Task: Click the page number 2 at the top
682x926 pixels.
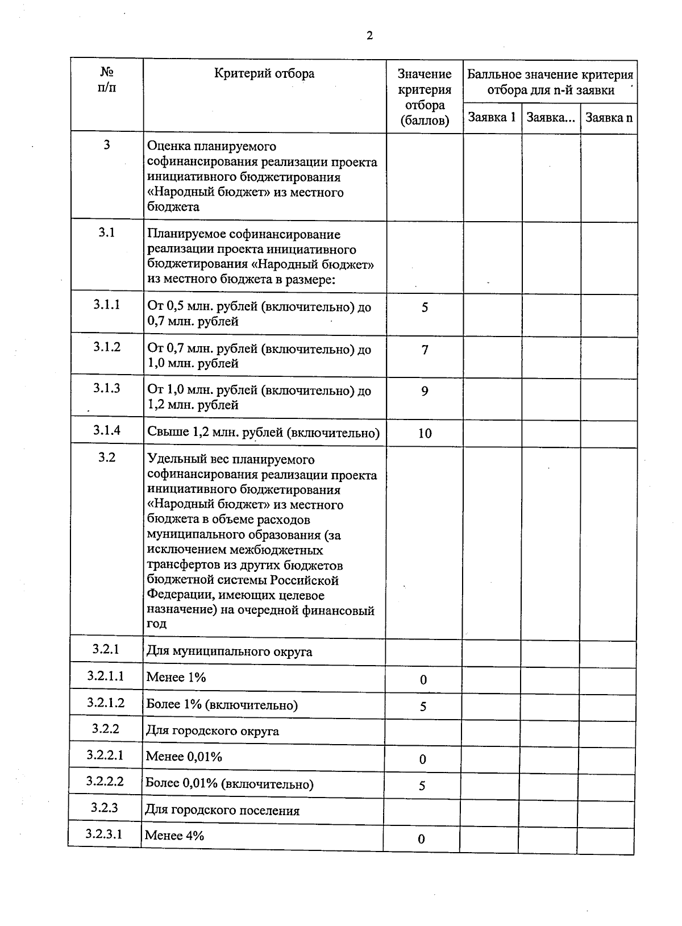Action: [x=369, y=36]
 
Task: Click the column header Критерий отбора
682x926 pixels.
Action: [x=264, y=73]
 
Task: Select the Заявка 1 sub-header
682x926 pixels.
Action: [x=492, y=118]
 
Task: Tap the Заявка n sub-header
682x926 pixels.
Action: [x=609, y=118]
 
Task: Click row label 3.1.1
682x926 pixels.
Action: [x=107, y=305]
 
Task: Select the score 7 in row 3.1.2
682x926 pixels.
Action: [x=425, y=350]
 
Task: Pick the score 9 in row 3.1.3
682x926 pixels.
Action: [x=425, y=391]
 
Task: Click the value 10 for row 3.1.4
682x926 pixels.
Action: [x=425, y=433]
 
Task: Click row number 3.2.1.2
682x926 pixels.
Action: [x=106, y=702]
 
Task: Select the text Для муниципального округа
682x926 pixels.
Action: [x=230, y=651]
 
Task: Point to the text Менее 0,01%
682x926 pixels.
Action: [x=184, y=757]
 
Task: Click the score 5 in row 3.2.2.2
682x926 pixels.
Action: [x=422, y=786]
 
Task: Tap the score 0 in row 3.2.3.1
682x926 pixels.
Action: [x=421, y=839]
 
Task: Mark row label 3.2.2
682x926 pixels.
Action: [x=106, y=729]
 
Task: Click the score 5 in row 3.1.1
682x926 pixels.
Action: [x=425, y=308]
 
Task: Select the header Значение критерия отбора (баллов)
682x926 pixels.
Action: [x=425, y=97]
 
